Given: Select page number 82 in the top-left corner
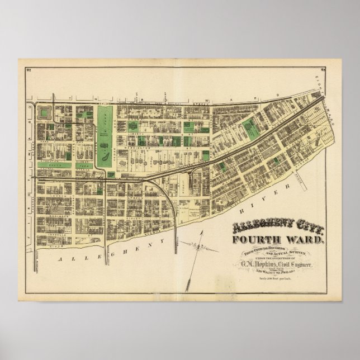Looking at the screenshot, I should (x=28, y=69).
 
